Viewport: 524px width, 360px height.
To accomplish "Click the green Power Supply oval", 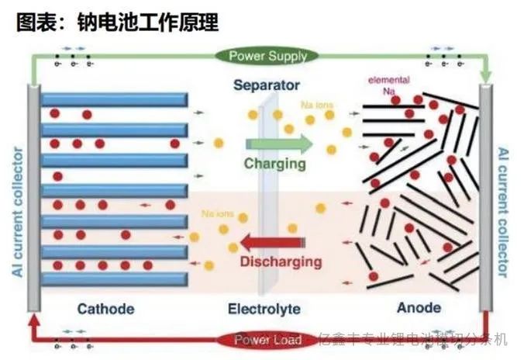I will pyautogui.click(x=267, y=56).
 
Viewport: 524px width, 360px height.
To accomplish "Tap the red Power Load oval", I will pyautogui.click(x=267, y=340).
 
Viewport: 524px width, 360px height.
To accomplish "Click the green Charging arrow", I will pyautogui.click(x=278, y=144).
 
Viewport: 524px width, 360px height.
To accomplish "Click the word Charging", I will pyautogui.click(x=274, y=164).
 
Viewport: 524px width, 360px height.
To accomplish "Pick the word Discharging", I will pyautogui.click(x=281, y=261).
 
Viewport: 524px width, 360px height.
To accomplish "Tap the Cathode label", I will pyautogui.click(x=105, y=309).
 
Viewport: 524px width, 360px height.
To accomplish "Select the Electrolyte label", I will pyautogui.click(x=264, y=309).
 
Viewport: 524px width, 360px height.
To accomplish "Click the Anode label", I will pyautogui.click(x=419, y=308).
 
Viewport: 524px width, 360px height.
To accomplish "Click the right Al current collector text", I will pyautogui.click(x=505, y=211).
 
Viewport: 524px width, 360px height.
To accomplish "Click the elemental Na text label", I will pyautogui.click(x=389, y=85).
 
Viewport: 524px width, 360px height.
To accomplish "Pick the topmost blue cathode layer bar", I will pyautogui.click(x=114, y=99).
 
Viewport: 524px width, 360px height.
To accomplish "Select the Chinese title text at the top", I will pyautogui.click(x=116, y=22).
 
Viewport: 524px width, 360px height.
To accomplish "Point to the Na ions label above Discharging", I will pyautogui.click(x=215, y=213).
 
